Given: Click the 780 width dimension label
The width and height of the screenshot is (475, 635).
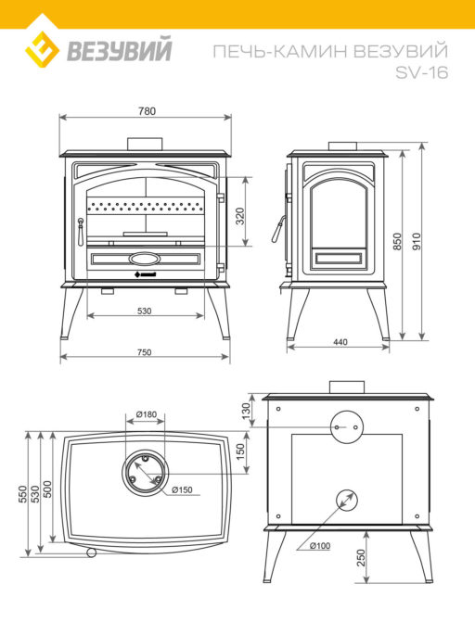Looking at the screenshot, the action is [147, 111].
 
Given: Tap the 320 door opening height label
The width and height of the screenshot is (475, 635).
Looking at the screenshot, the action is [240, 216].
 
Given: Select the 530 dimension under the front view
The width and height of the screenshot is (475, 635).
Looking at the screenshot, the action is [145, 311].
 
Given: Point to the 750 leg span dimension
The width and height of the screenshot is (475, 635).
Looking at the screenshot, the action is [145, 352].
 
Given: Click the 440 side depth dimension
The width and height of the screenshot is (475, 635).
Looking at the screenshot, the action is [340, 342].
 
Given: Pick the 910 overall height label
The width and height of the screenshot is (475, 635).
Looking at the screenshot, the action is [417, 241].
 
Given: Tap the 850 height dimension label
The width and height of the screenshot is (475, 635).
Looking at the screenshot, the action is [397, 241].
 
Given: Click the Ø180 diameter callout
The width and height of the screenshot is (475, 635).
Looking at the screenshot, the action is [147, 414].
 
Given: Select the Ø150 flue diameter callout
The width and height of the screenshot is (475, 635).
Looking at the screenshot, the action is [182, 490].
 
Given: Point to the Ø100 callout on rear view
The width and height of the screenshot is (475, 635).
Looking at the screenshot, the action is [320, 546].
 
